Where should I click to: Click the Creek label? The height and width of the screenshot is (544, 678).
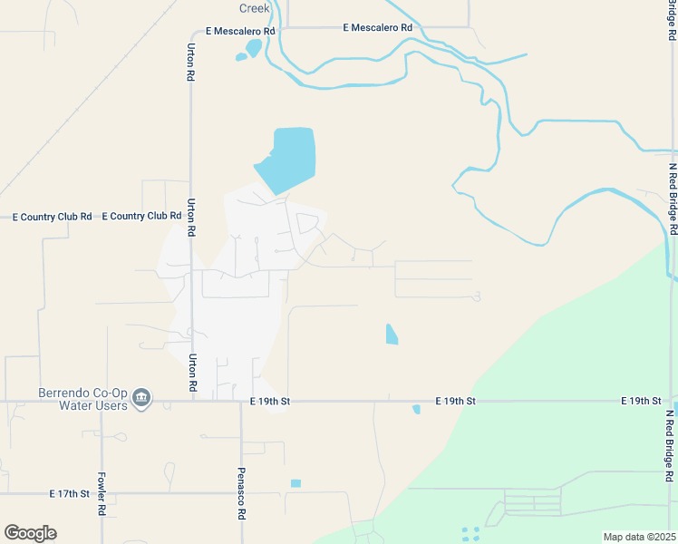(x=255, y=7)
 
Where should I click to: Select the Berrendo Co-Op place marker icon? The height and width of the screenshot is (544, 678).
(x=141, y=398)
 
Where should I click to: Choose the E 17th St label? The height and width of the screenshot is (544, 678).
(x=70, y=494)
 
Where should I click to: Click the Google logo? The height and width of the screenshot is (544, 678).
(x=30, y=532)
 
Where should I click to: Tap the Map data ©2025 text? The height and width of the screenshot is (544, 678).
(x=638, y=537)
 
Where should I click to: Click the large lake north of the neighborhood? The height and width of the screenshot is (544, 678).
(x=289, y=159)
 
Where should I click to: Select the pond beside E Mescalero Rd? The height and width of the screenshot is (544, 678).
(x=251, y=48)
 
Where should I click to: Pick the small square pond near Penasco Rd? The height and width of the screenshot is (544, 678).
(x=295, y=483)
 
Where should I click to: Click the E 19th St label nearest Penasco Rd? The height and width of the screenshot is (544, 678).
(x=269, y=401)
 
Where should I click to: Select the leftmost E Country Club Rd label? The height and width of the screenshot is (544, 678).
(x=51, y=217)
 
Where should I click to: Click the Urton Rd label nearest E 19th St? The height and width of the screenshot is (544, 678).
(x=192, y=372)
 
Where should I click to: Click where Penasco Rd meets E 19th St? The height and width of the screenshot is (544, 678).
(x=241, y=401)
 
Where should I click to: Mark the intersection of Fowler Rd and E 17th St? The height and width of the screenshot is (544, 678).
(x=101, y=494)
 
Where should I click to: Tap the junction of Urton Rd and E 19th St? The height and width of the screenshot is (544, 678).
(x=192, y=401)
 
